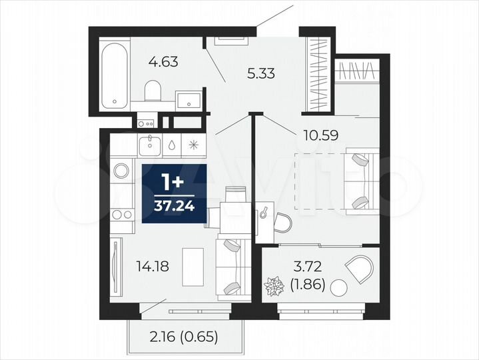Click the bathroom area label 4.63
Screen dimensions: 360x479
163,63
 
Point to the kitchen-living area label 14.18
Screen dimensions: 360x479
151,267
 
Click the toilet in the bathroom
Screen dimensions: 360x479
153,90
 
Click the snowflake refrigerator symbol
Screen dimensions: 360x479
193,144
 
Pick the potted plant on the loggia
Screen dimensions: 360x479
274,287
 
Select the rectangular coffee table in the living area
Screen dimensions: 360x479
194,259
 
